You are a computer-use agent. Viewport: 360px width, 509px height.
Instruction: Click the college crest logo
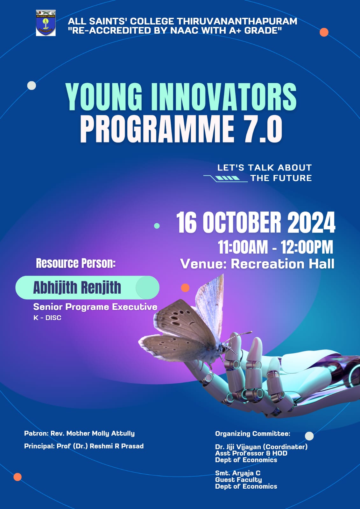click(x=46, y=23)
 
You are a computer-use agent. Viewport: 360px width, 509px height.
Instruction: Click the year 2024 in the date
click(x=311, y=222)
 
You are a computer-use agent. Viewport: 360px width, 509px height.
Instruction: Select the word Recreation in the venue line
click(x=267, y=264)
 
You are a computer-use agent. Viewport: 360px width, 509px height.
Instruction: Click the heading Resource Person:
click(x=76, y=263)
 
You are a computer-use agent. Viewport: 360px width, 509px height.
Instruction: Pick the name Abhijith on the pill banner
click(x=55, y=287)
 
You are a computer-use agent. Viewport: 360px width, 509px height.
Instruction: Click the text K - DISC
click(x=47, y=318)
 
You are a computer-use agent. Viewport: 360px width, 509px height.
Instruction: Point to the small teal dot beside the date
click(x=157, y=226)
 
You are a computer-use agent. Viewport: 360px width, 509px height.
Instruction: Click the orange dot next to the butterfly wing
click(x=185, y=288)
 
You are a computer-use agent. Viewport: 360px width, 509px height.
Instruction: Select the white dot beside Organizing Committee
click(x=309, y=436)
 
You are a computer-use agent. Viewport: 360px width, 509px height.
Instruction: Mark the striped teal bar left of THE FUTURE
click(x=227, y=178)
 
